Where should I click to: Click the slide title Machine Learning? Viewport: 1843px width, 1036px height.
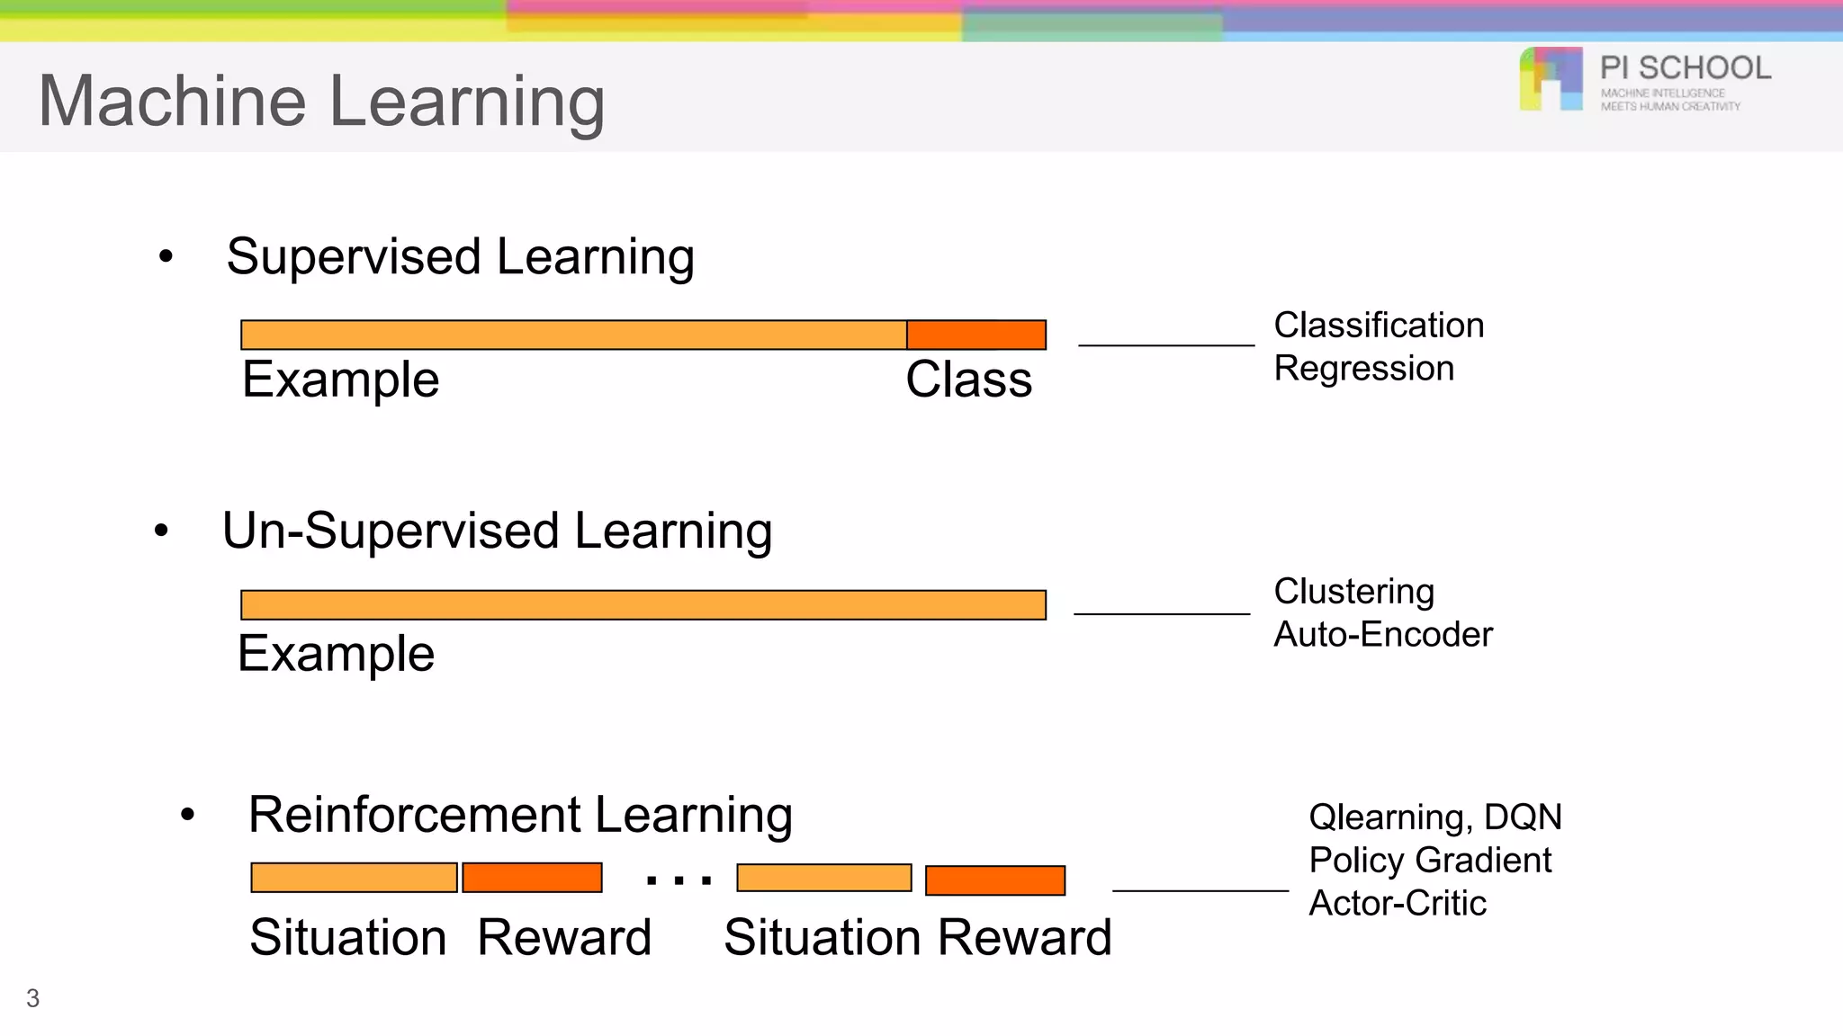point(321,101)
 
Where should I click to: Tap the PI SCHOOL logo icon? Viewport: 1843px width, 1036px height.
point(1551,79)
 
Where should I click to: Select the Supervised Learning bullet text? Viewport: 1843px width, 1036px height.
point(460,257)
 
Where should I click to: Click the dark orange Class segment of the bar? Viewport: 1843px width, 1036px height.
point(976,335)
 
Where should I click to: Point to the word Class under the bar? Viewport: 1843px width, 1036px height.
point(968,380)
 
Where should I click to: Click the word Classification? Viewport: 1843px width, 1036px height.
point(1379,326)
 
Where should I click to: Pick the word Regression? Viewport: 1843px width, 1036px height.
point(1363,369)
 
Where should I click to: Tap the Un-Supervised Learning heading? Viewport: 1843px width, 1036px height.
point(497,531)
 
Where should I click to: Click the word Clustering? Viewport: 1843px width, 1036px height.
point(1353,592)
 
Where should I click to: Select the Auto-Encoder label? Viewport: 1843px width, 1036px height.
point(1383,635)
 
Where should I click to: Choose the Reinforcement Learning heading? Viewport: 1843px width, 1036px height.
point(520,815)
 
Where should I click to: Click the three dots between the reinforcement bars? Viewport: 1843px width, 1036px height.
point(679,880)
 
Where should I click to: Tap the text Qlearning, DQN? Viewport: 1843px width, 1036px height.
point(1434,817)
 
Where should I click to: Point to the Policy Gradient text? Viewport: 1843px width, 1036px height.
point(1430,861)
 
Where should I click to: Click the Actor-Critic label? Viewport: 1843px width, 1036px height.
point(1397,904)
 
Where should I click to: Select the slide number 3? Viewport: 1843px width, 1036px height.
point(33,998)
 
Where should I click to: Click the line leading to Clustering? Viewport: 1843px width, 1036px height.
point(1162,614)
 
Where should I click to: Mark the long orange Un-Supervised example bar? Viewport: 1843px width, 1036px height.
point(643,605)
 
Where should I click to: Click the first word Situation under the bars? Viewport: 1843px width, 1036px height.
point(348,938)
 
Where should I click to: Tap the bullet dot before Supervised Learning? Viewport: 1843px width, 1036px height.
point(166,257)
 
